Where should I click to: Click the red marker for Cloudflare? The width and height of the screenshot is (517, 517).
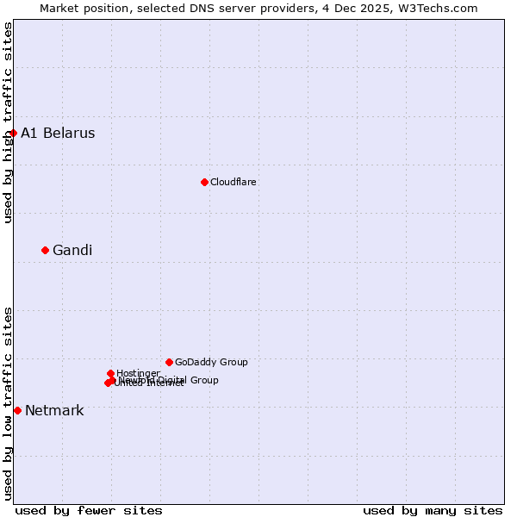(204, 182)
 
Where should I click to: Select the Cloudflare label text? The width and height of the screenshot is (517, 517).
(234, 182)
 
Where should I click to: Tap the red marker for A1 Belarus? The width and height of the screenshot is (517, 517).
(13, 133)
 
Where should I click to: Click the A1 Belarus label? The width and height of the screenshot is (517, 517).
(58, 133)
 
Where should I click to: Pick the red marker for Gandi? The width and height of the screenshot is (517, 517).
(45, 250)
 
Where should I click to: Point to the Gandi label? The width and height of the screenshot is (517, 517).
(72, 251)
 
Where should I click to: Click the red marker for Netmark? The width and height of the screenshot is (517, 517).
(17, 410)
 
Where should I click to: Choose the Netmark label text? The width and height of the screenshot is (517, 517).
(54, 410)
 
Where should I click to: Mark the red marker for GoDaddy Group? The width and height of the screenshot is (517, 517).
(169, 362)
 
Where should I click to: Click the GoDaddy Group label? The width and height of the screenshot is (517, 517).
(211, 362)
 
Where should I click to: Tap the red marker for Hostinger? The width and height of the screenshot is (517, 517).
(110, 373)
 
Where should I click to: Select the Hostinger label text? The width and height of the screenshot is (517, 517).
(139, 373)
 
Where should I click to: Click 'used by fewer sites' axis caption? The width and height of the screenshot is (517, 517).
(89, 510)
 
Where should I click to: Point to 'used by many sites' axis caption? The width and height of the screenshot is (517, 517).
(433, 510)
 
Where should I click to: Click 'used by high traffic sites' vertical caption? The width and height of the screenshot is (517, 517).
(9, 122)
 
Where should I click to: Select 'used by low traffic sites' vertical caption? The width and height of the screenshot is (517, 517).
(9, 403)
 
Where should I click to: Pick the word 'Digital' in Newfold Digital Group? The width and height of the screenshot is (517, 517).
(173, 380)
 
